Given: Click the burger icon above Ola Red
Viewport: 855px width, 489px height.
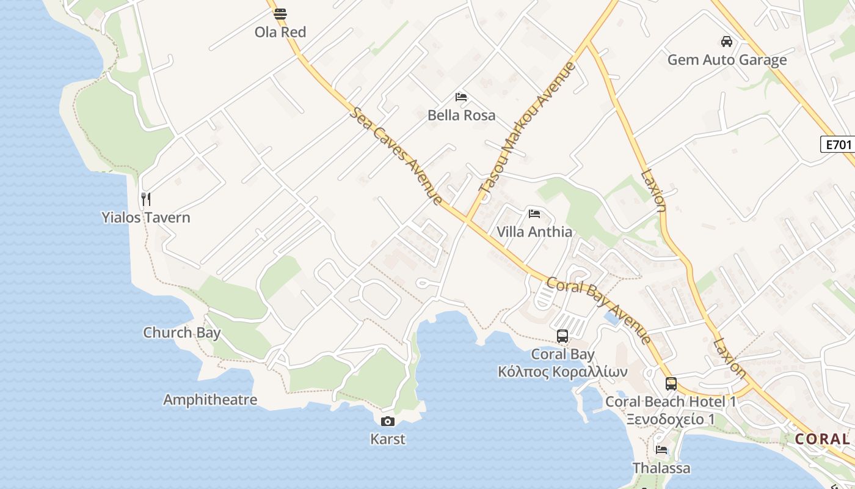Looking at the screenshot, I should pos(280,14).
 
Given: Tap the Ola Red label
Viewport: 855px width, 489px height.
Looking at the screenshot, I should pos(280,32).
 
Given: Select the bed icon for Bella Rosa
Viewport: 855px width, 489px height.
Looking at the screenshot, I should pos(461,97).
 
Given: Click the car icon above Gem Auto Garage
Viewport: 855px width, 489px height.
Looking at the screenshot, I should pos(726,42).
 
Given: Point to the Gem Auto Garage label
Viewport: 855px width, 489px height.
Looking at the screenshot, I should pos(727,60).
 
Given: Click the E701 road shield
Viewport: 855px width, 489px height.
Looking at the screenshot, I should pos(837,145).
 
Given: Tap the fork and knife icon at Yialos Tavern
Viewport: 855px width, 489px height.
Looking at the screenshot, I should pos(145,199).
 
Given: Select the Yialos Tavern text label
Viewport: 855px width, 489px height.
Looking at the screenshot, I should pos(146,217).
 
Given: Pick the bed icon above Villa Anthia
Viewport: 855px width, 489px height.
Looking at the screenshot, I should pos(534,214).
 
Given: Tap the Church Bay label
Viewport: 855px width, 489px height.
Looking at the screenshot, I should pos(182,333).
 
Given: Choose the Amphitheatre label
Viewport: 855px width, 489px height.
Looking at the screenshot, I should pos(210,400).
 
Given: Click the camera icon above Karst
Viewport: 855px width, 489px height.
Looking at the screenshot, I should pos(387,421).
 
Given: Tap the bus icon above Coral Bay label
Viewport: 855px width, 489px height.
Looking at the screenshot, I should pos(562,336).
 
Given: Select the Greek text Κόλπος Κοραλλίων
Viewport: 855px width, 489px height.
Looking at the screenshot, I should pos(562,372).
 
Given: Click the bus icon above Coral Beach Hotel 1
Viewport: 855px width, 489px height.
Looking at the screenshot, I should pos(671,384).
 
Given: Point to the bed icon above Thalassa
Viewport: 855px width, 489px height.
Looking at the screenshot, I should pos(661,450).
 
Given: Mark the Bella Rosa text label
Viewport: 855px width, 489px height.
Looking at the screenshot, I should pos(461,115).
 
